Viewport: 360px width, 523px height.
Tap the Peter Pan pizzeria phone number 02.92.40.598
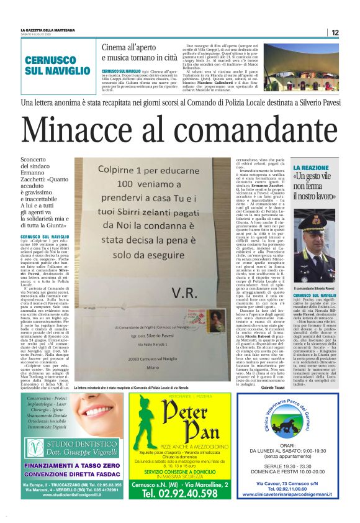tap(180, 493)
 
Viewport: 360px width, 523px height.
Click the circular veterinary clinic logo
tap(296, 422)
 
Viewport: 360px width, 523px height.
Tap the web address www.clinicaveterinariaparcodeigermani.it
tap(296, 494)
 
